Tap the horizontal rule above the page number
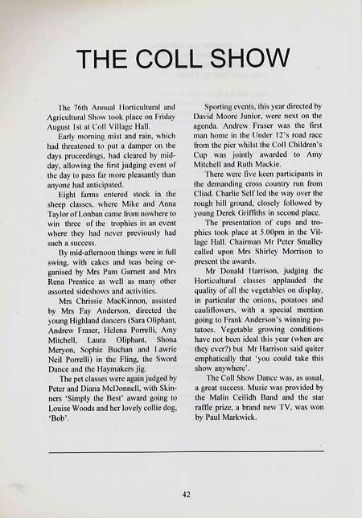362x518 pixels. [186, 452]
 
